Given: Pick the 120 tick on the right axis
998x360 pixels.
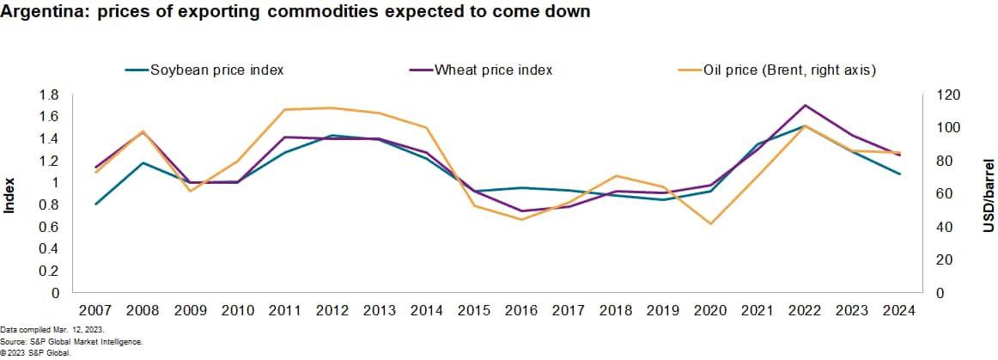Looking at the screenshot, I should click(946, 95).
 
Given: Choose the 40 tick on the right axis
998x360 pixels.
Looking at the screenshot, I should click(943, 227).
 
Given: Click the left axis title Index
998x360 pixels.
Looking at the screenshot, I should click(10, 194).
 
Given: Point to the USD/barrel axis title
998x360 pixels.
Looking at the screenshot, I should click(989, 194).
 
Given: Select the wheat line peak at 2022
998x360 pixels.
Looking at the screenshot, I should click(804, 106).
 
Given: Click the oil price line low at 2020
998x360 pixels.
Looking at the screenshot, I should click(709, 224).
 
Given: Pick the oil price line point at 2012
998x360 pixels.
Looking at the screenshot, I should click(332, 108).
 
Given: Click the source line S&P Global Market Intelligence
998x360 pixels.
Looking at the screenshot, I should click(71, 341).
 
